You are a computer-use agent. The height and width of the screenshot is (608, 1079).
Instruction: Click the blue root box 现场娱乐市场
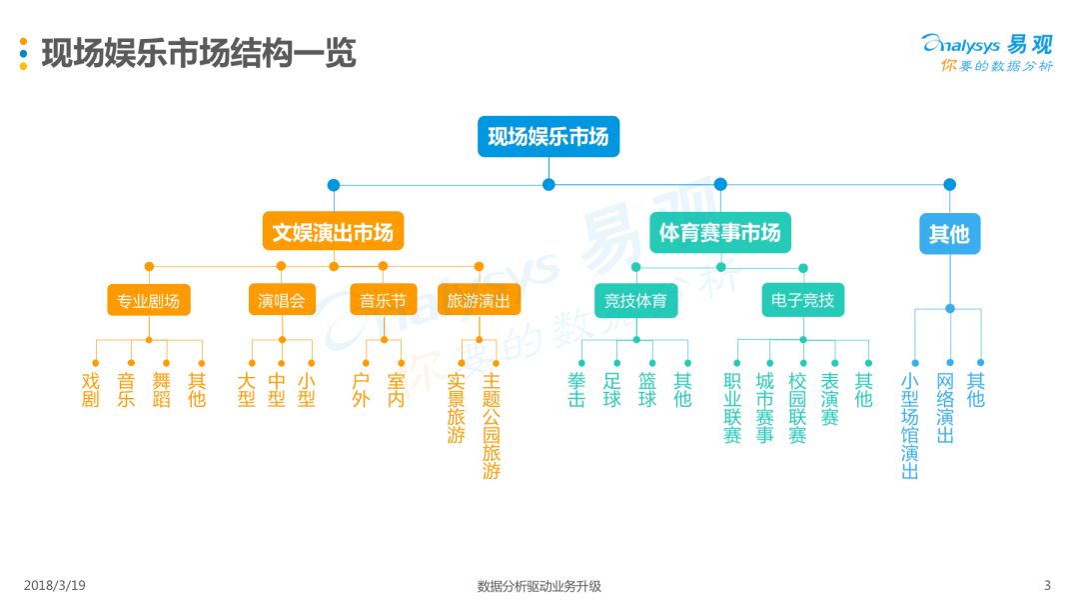548,136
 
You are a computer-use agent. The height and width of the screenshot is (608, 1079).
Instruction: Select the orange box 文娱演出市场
333,231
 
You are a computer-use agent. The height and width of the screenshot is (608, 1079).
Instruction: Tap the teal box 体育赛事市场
719,232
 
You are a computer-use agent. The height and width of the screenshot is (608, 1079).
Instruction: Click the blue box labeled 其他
950,234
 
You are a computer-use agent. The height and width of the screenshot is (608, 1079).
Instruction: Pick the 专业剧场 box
149,300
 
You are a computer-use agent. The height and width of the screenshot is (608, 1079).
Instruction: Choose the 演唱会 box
282,300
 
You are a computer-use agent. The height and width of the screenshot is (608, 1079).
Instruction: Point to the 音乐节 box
384,300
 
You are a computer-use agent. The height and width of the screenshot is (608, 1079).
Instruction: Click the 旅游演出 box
479,300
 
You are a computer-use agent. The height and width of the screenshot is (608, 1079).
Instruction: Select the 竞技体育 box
635,300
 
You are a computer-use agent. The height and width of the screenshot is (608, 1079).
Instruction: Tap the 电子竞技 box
803,300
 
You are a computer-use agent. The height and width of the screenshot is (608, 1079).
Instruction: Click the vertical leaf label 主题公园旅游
492,426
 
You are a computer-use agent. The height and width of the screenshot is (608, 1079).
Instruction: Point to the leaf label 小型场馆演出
910,426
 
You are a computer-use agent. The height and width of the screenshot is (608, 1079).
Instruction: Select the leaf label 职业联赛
732,408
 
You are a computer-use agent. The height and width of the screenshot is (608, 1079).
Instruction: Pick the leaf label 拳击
576,390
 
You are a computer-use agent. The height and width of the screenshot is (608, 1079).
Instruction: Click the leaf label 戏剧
91,390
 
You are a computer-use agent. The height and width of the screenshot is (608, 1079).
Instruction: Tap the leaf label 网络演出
945,408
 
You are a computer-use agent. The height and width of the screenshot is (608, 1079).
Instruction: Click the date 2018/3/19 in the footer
54,585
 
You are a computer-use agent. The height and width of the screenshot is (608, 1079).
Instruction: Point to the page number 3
1047,585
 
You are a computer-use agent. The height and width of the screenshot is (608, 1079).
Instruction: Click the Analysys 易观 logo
987,52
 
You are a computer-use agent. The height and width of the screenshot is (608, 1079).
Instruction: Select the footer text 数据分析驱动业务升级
539,586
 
